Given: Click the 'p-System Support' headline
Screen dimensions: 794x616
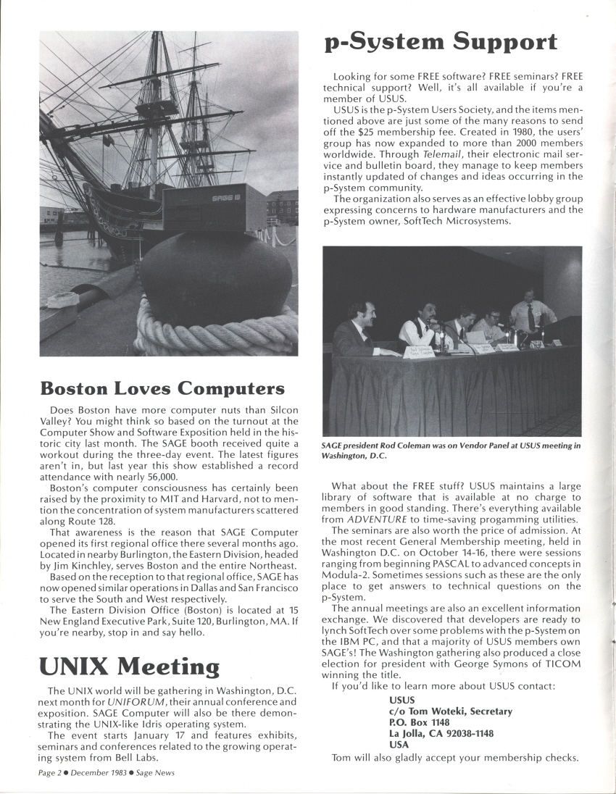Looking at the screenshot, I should coord(441,43).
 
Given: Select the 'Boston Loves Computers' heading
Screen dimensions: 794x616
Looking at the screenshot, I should coord(162,388).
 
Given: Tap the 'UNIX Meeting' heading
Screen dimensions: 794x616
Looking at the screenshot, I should coord(129,665).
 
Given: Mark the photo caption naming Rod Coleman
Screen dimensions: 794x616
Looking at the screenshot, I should coord(451,451).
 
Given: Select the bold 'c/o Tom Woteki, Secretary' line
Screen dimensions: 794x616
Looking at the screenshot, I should coord(451,711).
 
